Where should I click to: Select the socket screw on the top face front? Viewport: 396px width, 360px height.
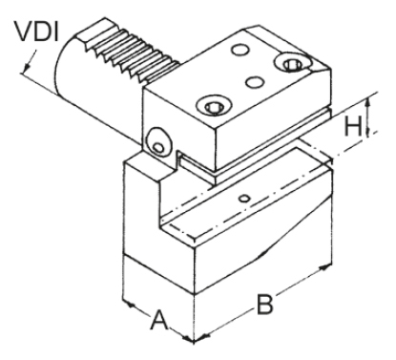[208, 105]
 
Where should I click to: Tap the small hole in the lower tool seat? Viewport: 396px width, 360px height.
[245, 197]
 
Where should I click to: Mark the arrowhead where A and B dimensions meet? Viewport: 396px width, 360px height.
[195, 337]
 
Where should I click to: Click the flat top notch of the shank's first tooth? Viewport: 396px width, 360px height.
[89, 32]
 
